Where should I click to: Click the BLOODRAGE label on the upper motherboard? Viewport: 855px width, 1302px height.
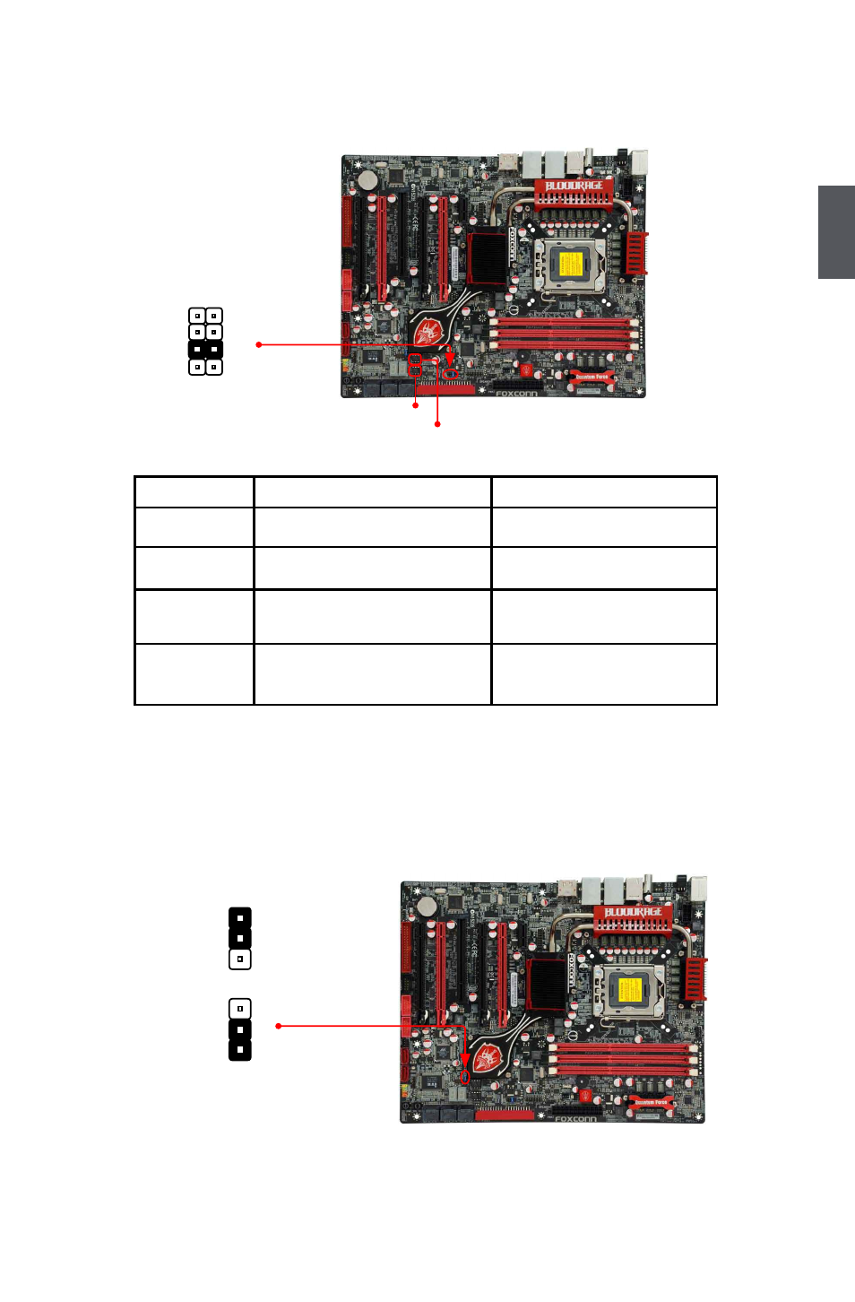tap(574, 186)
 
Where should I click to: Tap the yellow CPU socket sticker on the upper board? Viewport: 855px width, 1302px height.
tap(570, 265)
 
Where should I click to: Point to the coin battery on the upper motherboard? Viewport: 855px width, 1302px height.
tap(367, 179)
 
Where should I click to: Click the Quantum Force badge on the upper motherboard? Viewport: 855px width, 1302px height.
tap(592, 378)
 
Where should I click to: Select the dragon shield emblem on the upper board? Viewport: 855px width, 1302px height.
tap(428, 331)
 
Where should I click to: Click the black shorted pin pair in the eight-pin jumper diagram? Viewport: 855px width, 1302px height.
tap(205, 349)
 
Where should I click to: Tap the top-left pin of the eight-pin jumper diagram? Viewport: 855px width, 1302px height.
tap(197, 316)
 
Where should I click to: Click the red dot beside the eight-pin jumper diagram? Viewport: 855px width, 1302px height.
tap(259, 344)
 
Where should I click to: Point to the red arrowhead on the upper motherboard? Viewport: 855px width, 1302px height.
tap(450, 358)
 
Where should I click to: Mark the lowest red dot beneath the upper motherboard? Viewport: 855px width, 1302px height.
tap(437, 424)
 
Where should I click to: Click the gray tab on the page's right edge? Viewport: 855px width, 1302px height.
tap(836, 232)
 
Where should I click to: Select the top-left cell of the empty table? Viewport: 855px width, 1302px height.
tap(194, 492)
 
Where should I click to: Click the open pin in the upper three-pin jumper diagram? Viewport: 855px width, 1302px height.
tap(240, 959)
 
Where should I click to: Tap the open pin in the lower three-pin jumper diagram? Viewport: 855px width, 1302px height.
tap(240, 1009)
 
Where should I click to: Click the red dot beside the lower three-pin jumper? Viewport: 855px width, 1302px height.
tap(279, 1026)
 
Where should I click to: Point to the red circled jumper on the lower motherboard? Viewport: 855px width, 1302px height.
tap(464, 1076)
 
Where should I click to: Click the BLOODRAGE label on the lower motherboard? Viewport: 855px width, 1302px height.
tap(634, 913)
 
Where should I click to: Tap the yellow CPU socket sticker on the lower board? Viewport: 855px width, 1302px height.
tap(629, 990)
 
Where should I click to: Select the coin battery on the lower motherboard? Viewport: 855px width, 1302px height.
tap(427, 906)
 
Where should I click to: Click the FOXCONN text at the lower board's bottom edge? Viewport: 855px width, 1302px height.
tap(575, 1119)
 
